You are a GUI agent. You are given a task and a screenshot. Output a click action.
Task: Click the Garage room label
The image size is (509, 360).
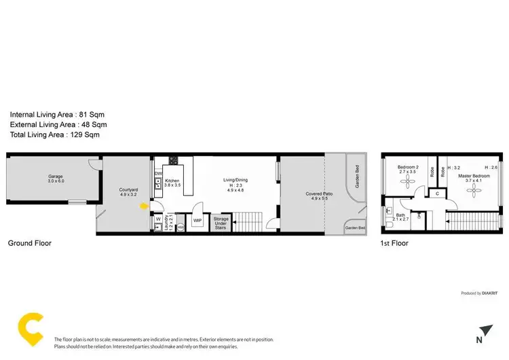56,177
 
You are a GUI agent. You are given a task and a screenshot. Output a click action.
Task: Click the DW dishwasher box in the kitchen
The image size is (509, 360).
158,174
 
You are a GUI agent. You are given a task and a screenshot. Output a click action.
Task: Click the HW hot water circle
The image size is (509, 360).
181,227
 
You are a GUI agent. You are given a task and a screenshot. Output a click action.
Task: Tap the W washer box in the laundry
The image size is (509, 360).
158,219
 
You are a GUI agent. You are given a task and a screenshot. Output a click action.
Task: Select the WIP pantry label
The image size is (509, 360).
197,220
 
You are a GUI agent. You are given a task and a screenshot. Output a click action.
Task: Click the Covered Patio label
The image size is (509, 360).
319,194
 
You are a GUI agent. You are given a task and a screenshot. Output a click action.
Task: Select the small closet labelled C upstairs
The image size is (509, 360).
438,194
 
